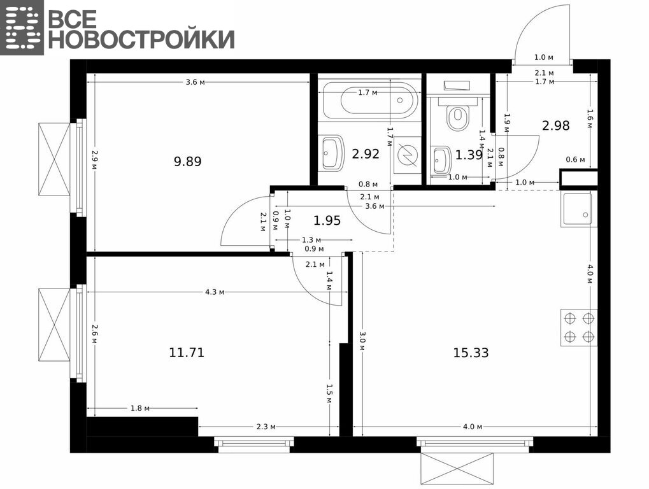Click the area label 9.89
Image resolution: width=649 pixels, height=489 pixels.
(x=187, y=161)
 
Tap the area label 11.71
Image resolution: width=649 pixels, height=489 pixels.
(x=187, y=353)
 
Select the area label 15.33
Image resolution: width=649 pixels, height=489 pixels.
(x=471, y=353)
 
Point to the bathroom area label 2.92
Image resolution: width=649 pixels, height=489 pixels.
(x=366, y=154)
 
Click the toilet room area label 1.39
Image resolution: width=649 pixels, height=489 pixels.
(x=469, y=155)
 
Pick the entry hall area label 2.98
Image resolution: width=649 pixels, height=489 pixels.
(x=556, y=125)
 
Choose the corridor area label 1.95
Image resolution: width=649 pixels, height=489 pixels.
(x=327, y=220)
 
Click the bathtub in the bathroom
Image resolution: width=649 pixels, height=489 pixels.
(x=370, y=100)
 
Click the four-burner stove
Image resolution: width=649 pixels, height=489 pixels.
(x=579, y=327)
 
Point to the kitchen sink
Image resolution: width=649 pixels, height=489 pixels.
(x=579, y=209)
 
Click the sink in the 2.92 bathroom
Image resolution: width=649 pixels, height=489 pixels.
(x=333, y=153)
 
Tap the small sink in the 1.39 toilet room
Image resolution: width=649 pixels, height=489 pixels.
(x=441, y=160)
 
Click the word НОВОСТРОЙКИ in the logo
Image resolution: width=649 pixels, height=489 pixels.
(x=141, y=39)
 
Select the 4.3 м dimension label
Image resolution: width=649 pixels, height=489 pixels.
(x=215, y=292)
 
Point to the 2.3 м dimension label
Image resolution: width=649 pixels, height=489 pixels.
(x=266, y=427)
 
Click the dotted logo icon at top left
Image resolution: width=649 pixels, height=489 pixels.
(x=22, y=27)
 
